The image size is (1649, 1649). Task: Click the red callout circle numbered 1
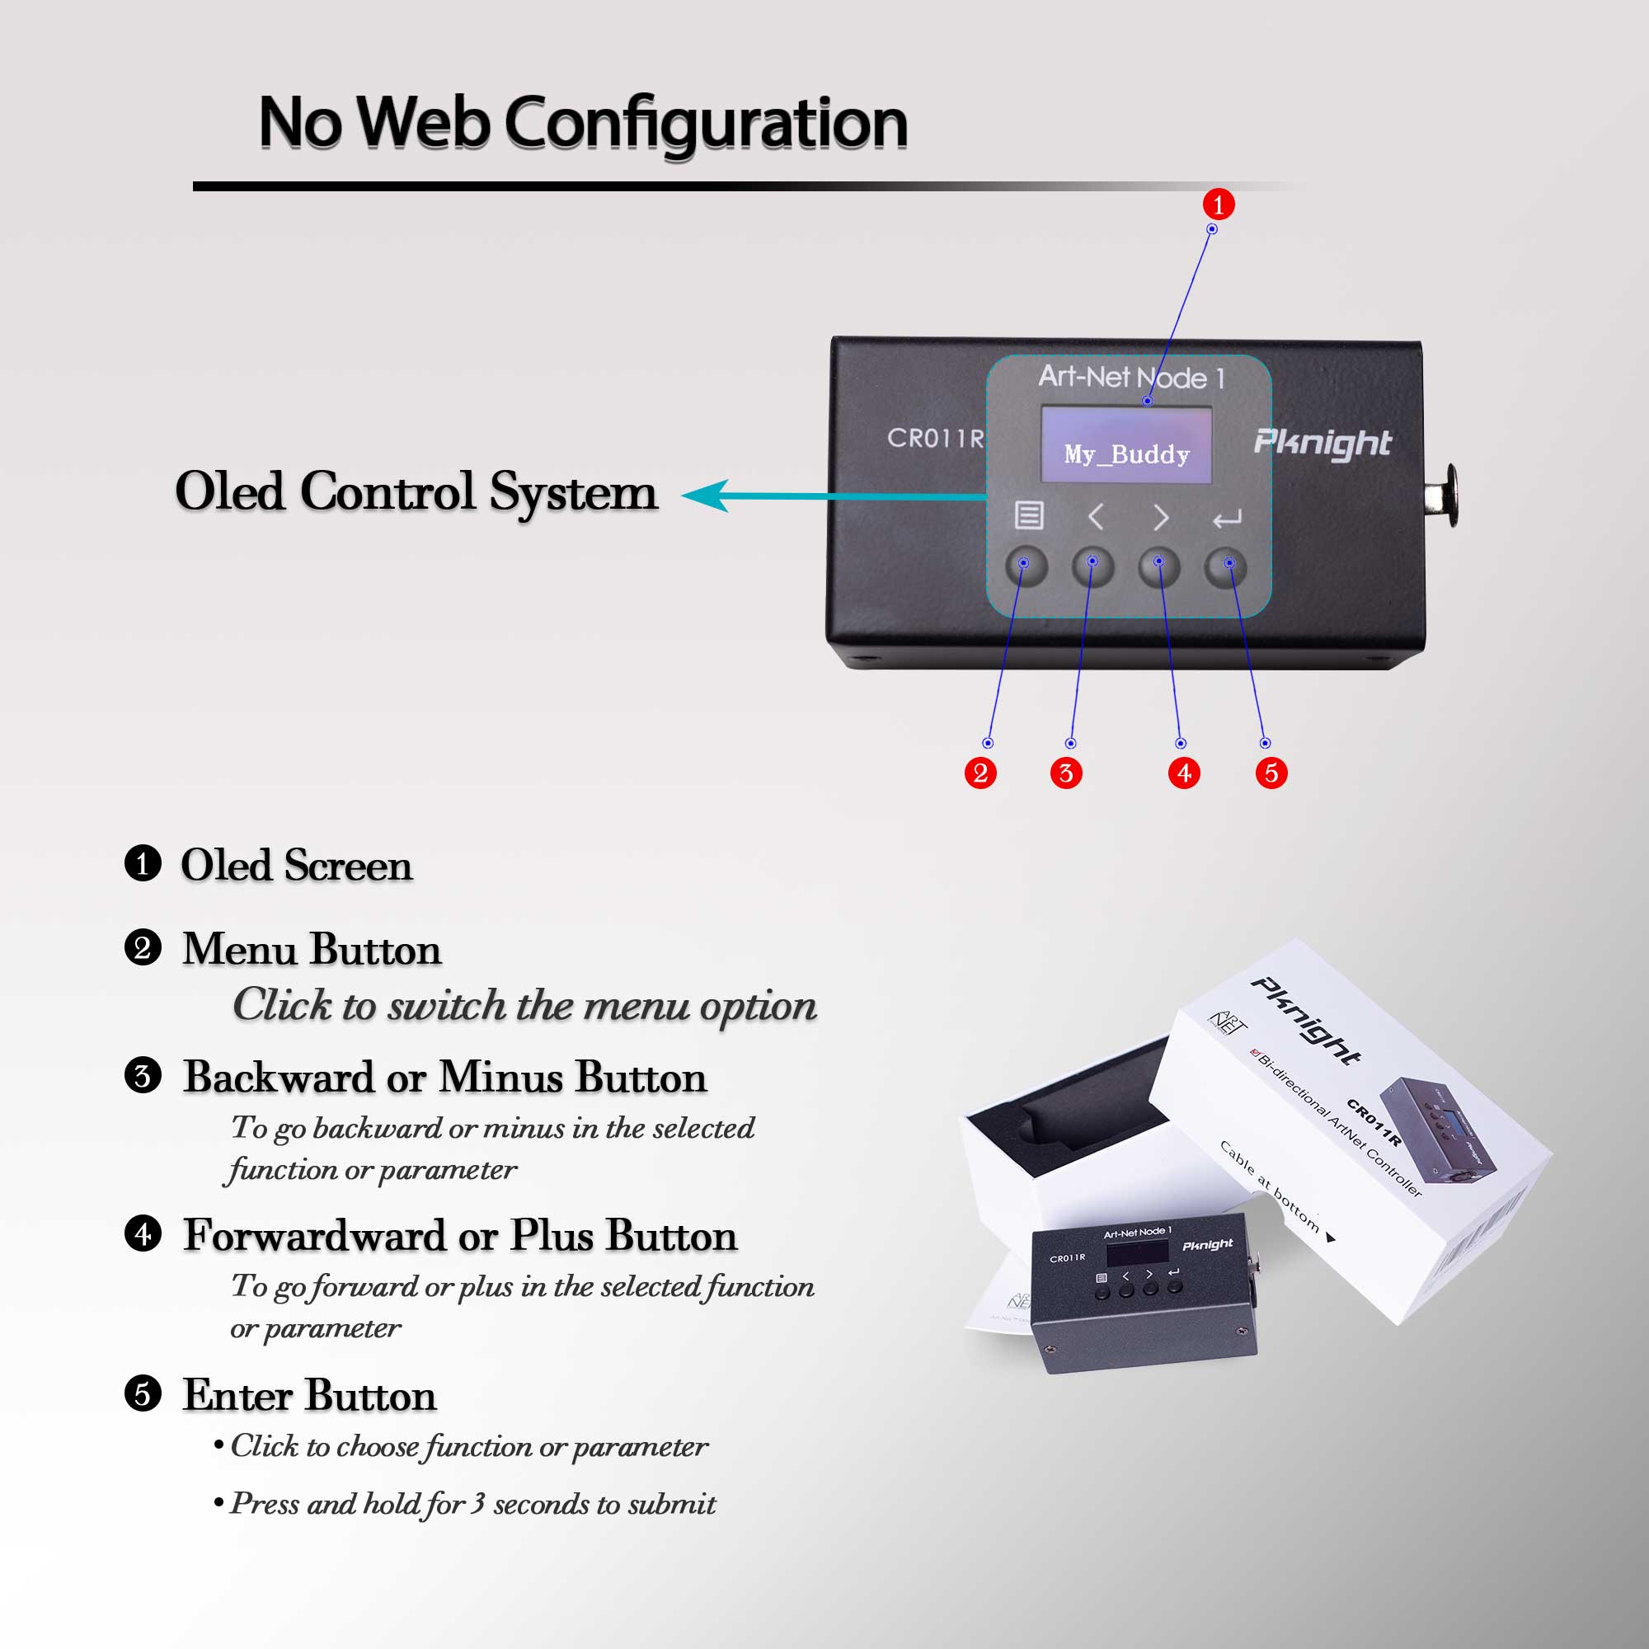click(x=1218, y=204)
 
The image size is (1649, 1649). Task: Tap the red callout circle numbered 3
click(x=1065, y=773)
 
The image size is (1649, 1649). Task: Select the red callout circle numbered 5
click(x=1271, y=773)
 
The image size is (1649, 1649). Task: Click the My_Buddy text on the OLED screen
click(x=1126, y=454)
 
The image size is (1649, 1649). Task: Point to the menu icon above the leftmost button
click(x=1028, y=515)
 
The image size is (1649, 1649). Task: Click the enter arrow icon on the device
click(x=1227, y=518)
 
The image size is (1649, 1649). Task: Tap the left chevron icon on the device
click(x=1096, y=517)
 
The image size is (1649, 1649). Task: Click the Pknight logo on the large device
click(x=1321, y=442)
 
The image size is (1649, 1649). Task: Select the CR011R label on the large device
click(x=936, y=438)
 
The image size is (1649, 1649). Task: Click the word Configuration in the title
click(x=706, y=124)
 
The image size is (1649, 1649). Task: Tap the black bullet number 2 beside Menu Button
click(x=143, y=947)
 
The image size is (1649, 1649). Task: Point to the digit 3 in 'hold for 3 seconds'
click(x=478, y=1503)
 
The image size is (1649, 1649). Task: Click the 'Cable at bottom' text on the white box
click(x=1269, y=1187)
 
